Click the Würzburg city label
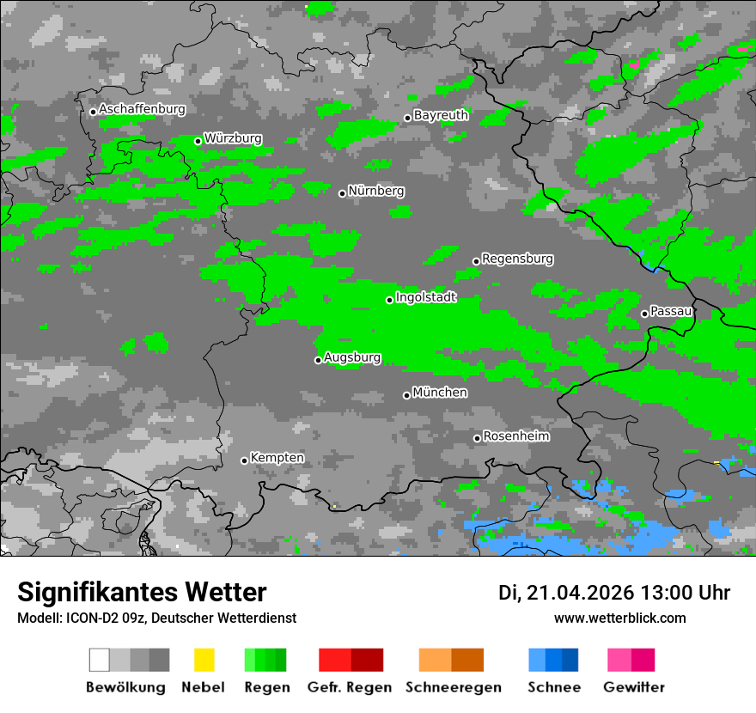point(233,138)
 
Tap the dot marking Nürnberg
point(342,193)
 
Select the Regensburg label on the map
point(517,259)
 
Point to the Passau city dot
point(644,314)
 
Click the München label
point(440,393)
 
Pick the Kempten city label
point(277,458)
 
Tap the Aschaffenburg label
point(142,109)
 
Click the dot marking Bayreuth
point(407,118)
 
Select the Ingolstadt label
point(425,297)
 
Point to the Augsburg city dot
point(318,360)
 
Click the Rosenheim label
point(516,436)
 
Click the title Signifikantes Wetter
point(142,592)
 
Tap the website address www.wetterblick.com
point(619,618)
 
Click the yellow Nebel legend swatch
point(204,660)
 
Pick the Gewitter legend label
point(633,687)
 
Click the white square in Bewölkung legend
point(100,660)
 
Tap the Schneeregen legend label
point(451,687)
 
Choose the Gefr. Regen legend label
point(350,687)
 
